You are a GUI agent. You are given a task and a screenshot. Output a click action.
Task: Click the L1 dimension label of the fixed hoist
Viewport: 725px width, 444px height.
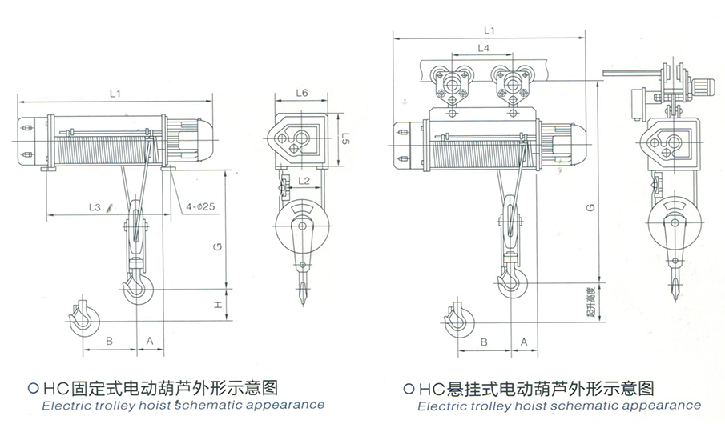tap(115, 94)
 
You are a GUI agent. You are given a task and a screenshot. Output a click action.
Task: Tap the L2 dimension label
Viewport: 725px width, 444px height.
tap(304, 182)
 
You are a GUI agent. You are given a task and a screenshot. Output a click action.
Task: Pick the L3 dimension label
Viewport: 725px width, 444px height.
tap(95, 207)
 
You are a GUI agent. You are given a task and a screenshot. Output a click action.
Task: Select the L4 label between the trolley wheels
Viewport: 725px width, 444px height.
tap(483, 49)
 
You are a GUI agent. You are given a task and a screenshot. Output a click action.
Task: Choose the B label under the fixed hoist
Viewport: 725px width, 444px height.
tap(109, 341)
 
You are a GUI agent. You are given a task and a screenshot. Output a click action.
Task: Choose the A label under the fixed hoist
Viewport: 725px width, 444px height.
tap(150, 341)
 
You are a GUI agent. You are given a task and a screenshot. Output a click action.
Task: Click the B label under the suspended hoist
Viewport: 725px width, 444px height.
tap(483, 342)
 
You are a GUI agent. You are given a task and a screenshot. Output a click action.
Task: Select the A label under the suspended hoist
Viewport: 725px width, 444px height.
tap(524, 342)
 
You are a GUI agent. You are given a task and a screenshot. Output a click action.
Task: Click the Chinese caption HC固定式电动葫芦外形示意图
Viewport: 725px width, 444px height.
tap(157, 388)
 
